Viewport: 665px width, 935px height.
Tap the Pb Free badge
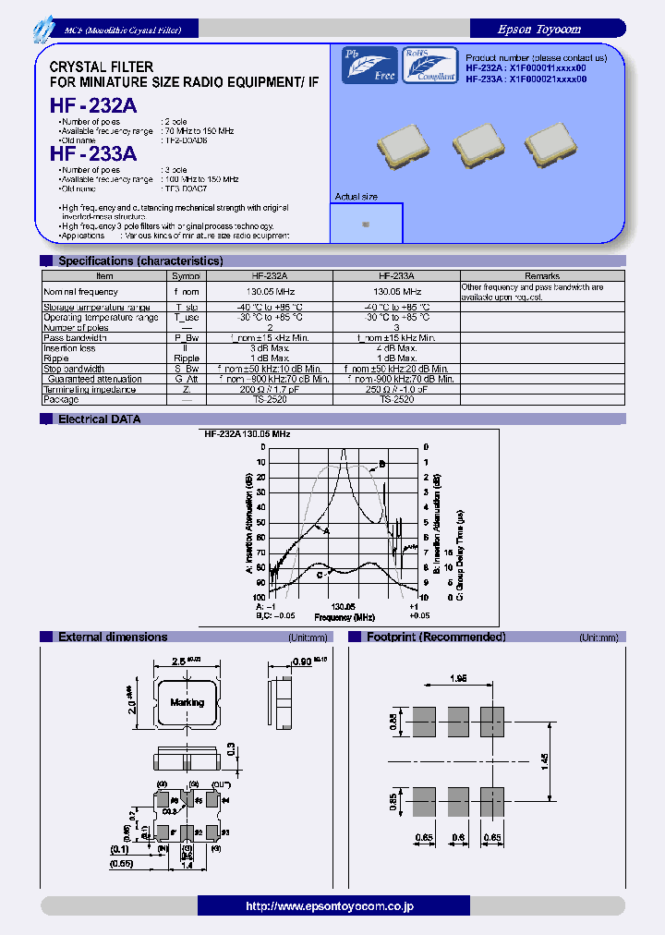369,66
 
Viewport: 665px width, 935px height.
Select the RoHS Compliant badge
427,66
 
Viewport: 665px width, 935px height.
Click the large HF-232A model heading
93,106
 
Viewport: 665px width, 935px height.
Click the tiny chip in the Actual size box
366,224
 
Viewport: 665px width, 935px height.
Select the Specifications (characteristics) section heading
140,261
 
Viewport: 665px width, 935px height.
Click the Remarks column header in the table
542,275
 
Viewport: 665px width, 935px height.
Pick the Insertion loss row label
69,348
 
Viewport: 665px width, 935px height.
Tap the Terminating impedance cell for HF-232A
270,389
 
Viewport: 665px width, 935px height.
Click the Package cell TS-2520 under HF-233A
395,399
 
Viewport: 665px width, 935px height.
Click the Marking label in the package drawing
187,702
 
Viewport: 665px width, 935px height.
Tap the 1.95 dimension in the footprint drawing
459,678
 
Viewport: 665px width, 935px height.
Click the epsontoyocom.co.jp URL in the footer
330,906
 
